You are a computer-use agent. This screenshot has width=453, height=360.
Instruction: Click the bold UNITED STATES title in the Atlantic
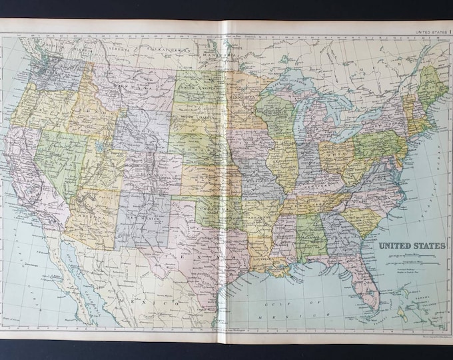(x=412, y=245)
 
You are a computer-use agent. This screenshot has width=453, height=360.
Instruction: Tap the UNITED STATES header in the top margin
(x=430, y=31)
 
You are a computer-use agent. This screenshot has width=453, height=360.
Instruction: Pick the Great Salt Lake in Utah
(x=100, y=147)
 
